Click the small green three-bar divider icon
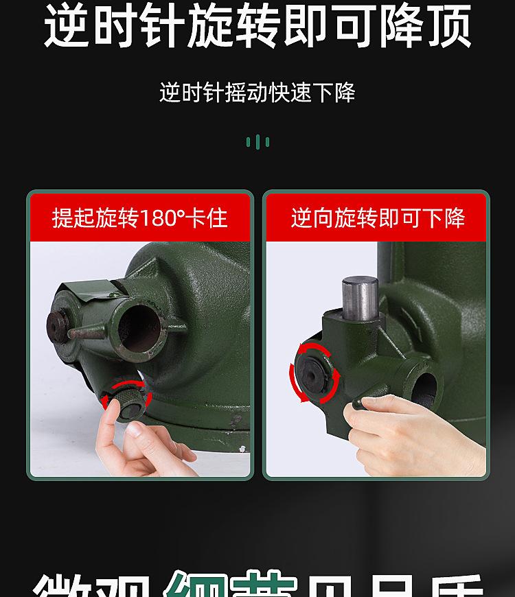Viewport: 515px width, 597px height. (257, 142)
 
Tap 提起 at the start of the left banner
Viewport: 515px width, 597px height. (74, 218)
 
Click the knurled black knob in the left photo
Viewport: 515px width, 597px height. (126, 399)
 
